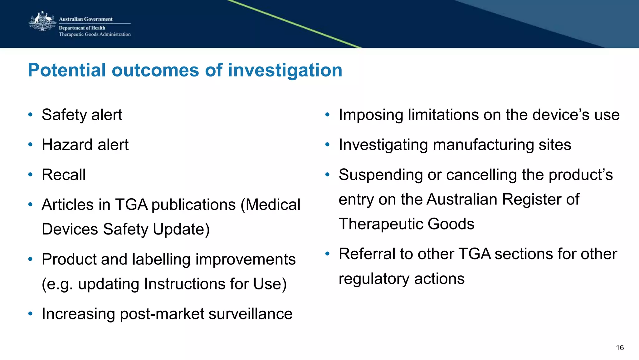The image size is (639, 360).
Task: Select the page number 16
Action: coord(620,348)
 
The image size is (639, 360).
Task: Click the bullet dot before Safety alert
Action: coord(30,115)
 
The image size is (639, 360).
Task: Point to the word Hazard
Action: coord(67,145)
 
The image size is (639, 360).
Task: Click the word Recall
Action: coord(64,175)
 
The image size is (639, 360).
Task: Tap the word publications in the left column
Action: coord(193,205)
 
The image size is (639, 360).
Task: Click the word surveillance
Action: coord(250,314)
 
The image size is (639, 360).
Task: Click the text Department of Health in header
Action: coord(82,28)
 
